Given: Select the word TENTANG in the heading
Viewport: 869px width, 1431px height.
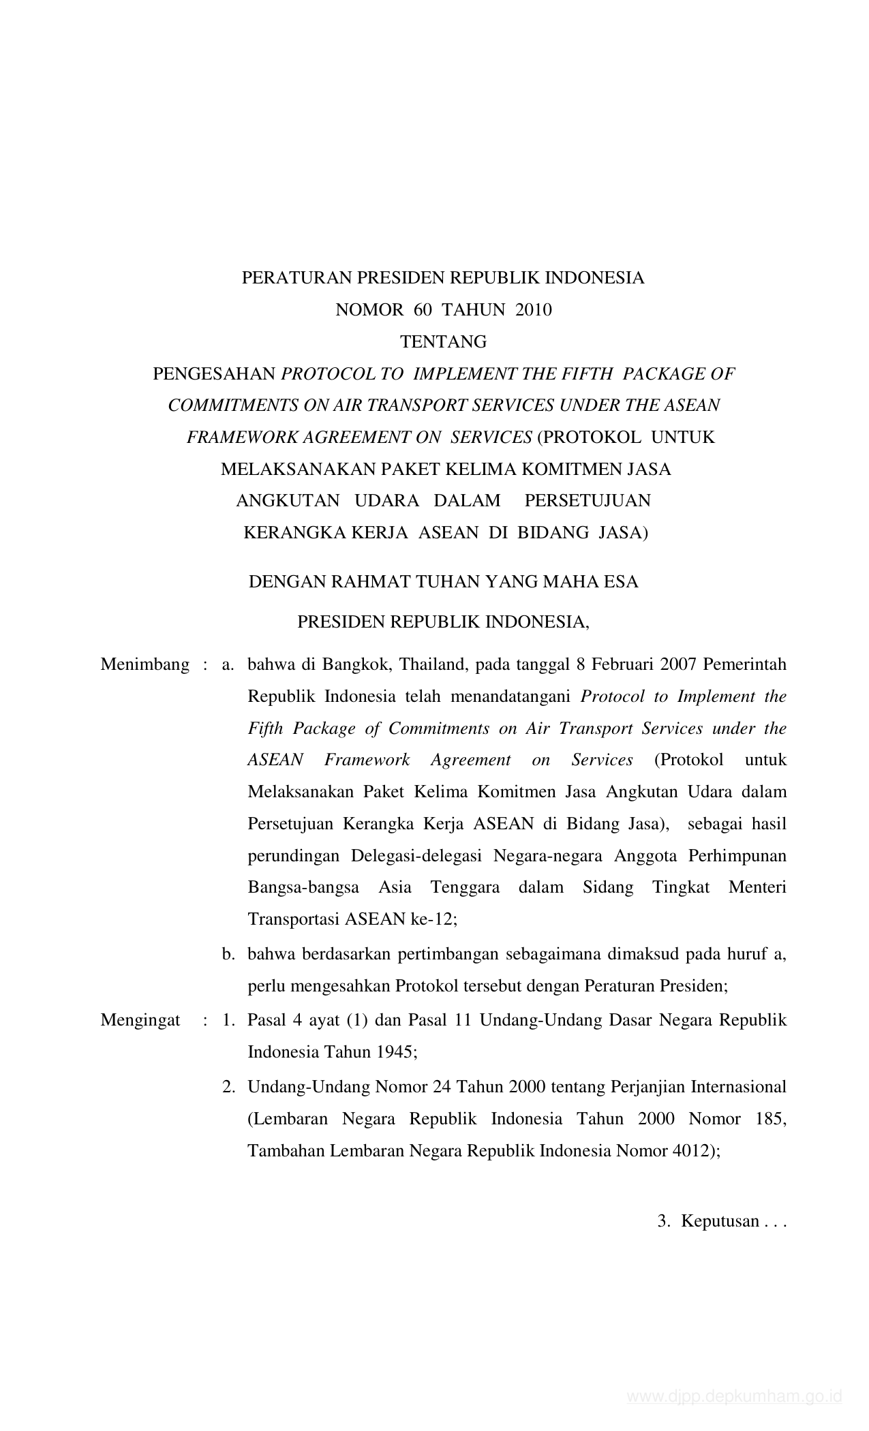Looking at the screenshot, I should [x=443, y=341].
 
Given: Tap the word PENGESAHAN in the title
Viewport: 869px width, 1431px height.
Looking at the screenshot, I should [x=214, y=373].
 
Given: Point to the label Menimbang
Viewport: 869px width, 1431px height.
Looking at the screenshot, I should [x=144, y=664].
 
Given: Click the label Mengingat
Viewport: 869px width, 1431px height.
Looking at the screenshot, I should [x=140, y=1020].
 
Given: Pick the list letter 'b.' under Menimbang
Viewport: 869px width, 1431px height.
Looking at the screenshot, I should [x=228, y=954].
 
